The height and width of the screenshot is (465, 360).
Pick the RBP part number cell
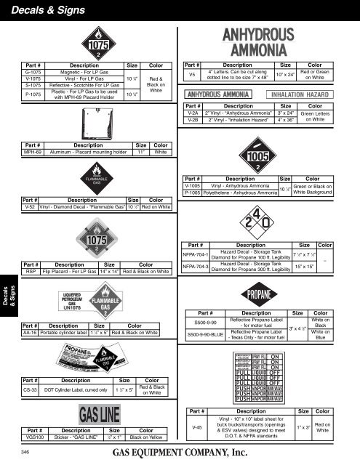(x=31, y=272)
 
